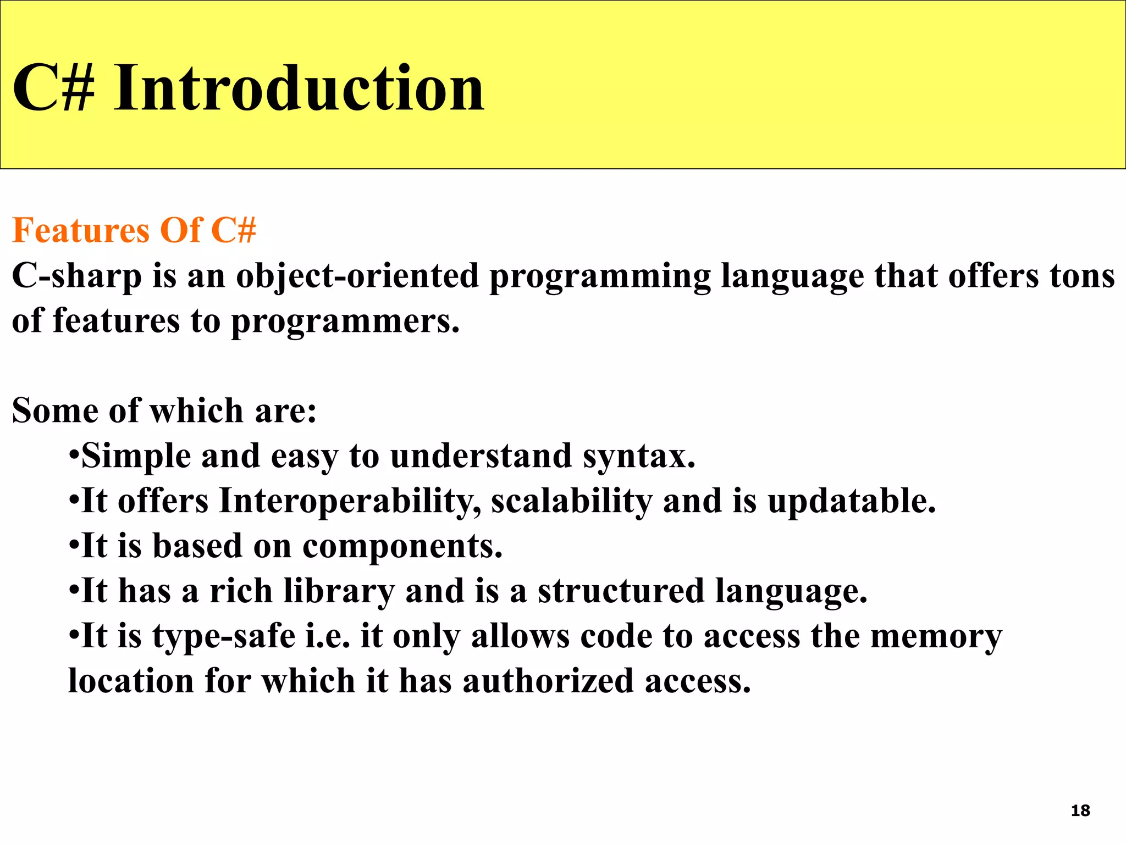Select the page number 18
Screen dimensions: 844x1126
(x=1080, y=810)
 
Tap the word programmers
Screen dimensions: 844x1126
(x=345, y=321)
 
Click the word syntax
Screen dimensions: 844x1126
(x=639, y=456)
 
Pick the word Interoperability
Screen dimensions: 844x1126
(x=350, y=501)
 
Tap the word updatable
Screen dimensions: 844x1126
(x=851, y=501)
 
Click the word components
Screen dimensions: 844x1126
(x=402, y=546)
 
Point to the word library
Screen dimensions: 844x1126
(x=339, y=592)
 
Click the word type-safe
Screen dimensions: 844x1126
(x=224, y=637)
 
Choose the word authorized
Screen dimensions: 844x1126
(x=548, y=682)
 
